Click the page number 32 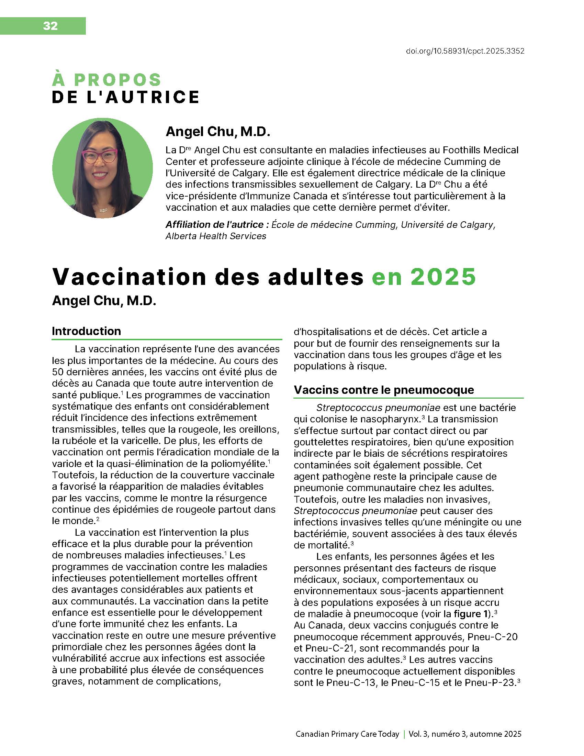click(x=50, y=26)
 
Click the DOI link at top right click(x=465, y=51)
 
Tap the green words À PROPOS click(x=106, y=80)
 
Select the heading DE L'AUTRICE click(x=126, y=97)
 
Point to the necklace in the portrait click(x=102, y=209)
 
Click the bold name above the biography click(x=217, y=132)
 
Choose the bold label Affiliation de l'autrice click(x=217, y=225)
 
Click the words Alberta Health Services click(x=216, y=236)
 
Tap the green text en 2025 click(x=424, y=277)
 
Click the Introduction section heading click(x=87, y=331)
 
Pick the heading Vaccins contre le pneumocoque click(x=384, y=390)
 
